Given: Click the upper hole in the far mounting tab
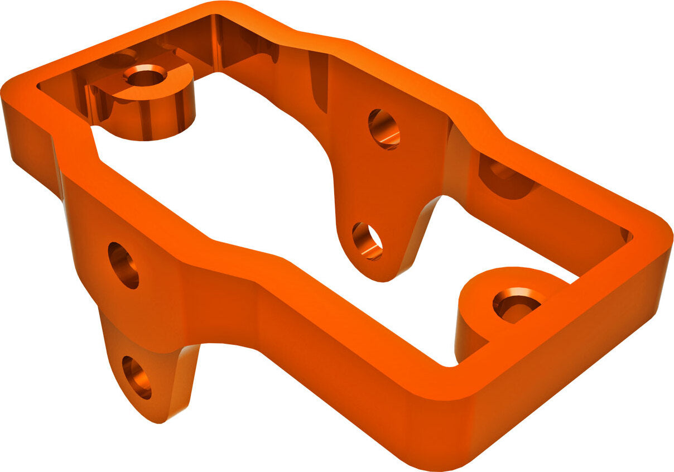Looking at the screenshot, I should (x=384, y=129).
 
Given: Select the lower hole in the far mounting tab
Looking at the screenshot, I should (x=367, y=241).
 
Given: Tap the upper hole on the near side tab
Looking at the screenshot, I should (x=123, y=265).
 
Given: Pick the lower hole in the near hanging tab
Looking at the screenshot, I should (x=137, y=377).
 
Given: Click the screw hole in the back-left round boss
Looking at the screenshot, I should (x=145, y=75).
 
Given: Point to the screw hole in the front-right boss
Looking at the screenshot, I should (x=517, y=305).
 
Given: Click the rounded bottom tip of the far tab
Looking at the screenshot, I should (x=379, y=276).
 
